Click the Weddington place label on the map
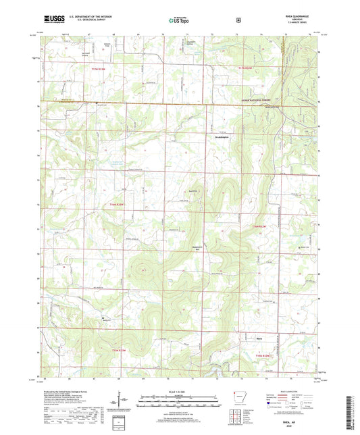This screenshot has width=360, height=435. (213, 136)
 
